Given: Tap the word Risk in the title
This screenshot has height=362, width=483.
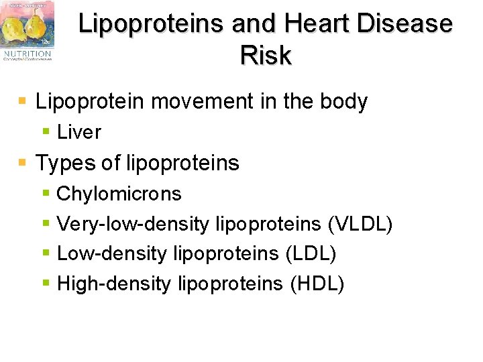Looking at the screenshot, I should (x=266, y=56).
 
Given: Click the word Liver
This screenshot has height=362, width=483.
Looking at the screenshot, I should (x=79, y=133).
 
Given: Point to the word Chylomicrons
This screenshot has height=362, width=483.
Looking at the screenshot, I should (x=119, y=194).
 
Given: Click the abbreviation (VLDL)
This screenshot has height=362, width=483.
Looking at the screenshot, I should (x=360, y=224).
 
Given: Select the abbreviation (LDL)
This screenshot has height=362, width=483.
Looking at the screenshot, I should (x=311, y=253).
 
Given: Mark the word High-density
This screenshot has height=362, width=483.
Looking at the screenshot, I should (x=114, y=284).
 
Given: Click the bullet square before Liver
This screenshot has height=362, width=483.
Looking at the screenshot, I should (x=46, y=132).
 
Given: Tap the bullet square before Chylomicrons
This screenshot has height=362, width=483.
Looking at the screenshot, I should (x=46, y=193).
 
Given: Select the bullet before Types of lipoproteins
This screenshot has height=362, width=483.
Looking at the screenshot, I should (x=23, y=162).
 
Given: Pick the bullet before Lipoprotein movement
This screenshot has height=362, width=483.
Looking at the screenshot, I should (x=23, y=101).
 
